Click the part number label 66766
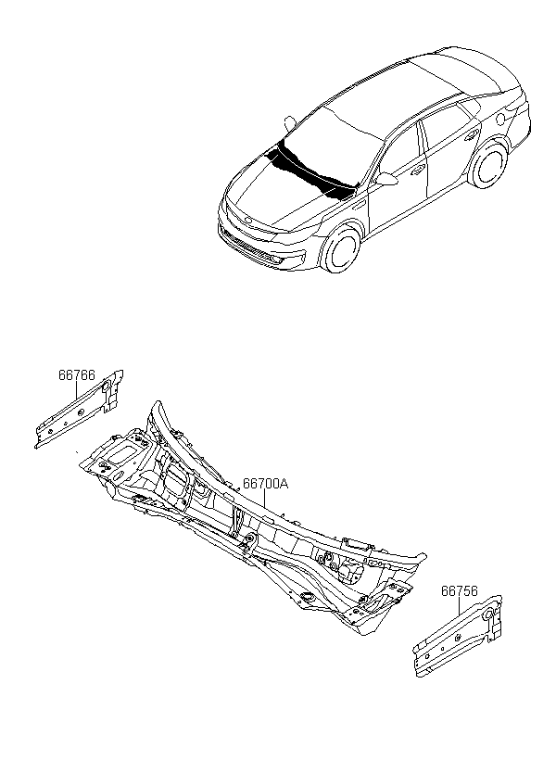[x=77, y=375]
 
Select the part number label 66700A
[x=265, y=484]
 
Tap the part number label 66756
[x=459, y=591]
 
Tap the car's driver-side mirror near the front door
[x=386, y=179]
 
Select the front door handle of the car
[x=418, y=170]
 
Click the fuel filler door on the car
[x=502, y=118]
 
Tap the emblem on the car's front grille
[x=248, y=221]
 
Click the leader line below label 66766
[x=77, y=398]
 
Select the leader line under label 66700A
[x=264, y=500]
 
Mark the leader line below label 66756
[x=459, y=607]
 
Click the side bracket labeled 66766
[x=79, y=409]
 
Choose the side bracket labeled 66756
[x=458, y=636]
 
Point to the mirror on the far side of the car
[x=290, y=122]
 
